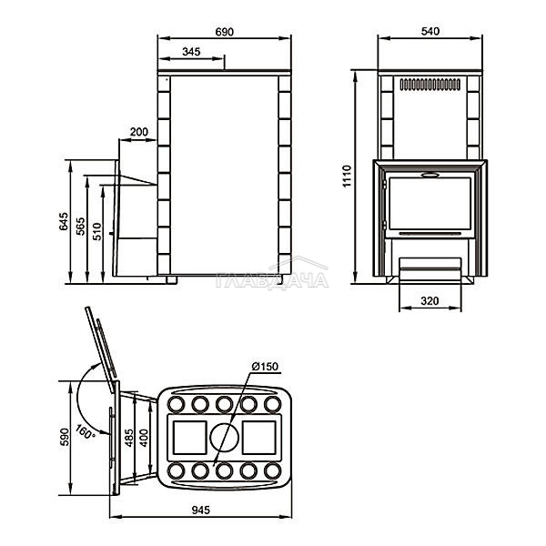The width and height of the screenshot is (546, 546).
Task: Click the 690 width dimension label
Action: tap(224, 32)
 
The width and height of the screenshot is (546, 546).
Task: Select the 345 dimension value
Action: tap(191, 52)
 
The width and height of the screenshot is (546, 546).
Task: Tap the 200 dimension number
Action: tap(139, 132)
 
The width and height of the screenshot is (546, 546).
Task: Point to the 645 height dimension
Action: tap(64, 221)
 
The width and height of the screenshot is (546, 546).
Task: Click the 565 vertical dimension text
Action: tap(80, 227)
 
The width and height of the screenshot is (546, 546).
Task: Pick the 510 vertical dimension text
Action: tap(96, 231)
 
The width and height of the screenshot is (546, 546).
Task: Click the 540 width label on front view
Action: tap(430, 31)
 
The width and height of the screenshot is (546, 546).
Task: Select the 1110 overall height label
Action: tap(348, 177)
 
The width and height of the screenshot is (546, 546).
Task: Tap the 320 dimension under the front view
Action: tap(430, 300)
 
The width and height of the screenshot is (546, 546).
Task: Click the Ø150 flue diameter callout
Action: tap(265, 367)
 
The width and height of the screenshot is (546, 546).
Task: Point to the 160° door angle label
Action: tap(85, 431)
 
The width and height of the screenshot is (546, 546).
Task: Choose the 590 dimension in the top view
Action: tap(65, 437)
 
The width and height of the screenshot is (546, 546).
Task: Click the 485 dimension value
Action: tap(128, 438)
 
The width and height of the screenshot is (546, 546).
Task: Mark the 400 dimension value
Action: tap(144, 438)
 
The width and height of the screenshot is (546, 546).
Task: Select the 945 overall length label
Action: tap(201, 511)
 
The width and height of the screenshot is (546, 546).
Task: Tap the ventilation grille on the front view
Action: tap(430, 85)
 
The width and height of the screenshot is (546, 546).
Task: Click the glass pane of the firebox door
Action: tap(430, 204)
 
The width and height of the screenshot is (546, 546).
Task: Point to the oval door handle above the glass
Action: tap(430, 175)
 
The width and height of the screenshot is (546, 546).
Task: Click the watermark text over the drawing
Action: tap(272, 280)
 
